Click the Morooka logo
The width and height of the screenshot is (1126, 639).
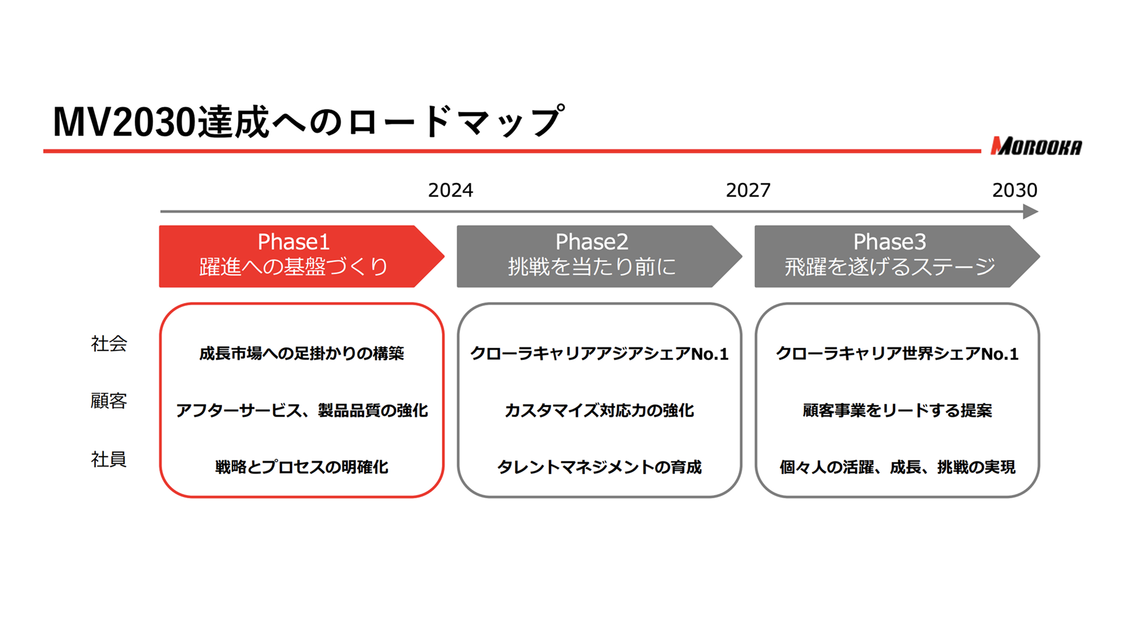pos(1036,146)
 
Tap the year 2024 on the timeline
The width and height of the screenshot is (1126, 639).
pos(451,191)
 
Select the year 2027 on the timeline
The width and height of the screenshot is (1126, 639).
pos(748,191)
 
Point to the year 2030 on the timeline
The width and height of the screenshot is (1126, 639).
pos(1015,191)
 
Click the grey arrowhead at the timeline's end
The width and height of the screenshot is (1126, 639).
pos(1030,212)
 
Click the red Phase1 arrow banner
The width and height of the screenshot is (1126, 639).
pos(302,256)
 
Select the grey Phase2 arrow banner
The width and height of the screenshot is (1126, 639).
pos(599,256)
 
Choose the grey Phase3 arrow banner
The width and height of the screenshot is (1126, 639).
pos(897,256)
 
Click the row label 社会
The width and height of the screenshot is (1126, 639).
pos(109,344)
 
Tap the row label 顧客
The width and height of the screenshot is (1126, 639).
pos(109,401)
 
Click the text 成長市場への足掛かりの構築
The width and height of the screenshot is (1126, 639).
pos(302,353)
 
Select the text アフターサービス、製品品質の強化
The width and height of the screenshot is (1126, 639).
pos(302,410)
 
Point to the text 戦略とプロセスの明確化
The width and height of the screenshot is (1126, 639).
pos(302,467)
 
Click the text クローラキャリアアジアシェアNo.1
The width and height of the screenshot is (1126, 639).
pos(599,354)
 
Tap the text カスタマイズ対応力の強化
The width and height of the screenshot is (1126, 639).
pos(599,410)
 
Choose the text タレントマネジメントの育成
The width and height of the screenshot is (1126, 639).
pos(599,467)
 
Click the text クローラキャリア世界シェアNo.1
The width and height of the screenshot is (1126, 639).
pos(897,354)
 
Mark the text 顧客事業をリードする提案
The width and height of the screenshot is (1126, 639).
pos(897,410)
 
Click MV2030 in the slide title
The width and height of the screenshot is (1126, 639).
pos(125,123)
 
